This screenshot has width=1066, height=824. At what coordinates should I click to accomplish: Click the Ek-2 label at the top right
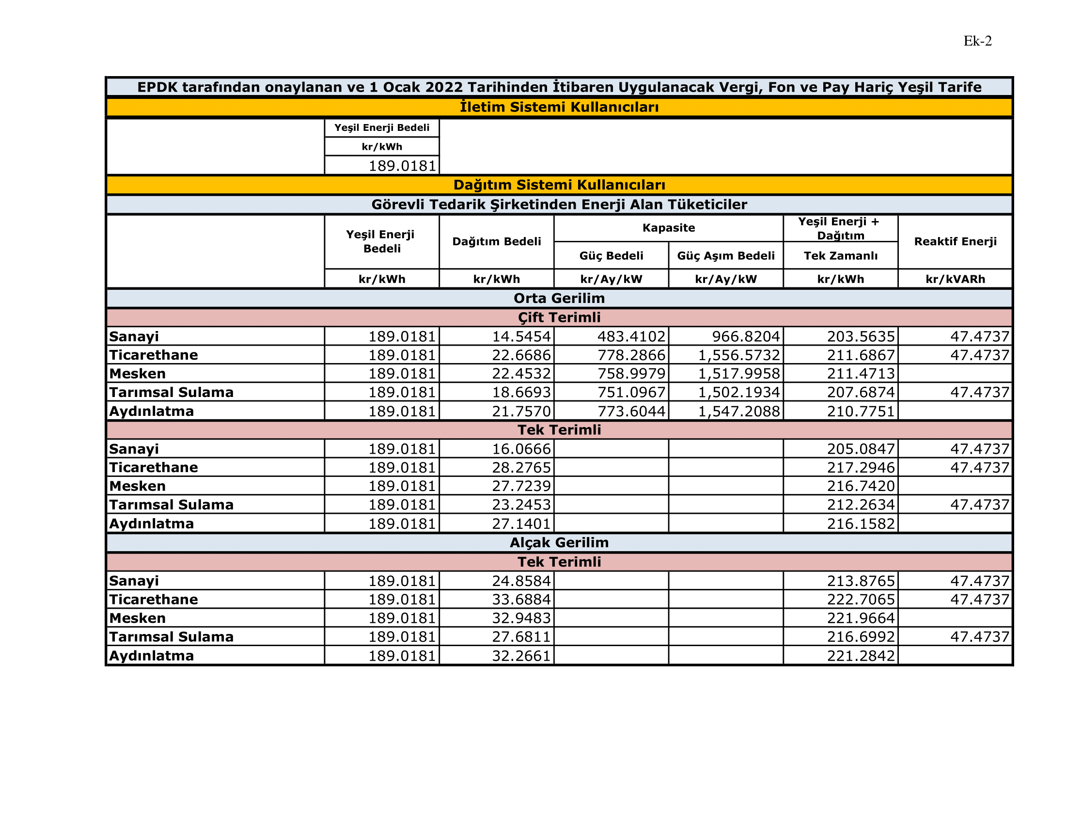[x=977, y=41]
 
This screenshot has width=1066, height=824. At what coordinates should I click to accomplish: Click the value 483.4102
[x=631, y=336]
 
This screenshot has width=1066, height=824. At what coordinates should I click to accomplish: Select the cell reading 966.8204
[x=746, y=336]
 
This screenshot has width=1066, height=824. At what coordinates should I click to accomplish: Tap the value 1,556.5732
[x=739, y=355]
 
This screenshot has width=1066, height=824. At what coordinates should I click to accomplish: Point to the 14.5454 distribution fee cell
[x=521, y=336]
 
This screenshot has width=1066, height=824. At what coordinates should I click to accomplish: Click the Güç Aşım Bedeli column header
[x=726, y=256]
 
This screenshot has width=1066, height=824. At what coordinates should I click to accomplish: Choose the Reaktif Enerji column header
[x=955, y=241]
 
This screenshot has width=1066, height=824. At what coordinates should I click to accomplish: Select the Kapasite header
[x=669, y=228]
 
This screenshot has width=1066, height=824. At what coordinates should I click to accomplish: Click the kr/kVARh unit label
[x=955, y=279]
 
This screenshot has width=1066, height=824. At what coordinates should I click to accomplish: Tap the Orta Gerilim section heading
[x=559, y=298]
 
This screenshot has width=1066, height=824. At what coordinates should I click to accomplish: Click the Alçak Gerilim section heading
[x=559, y=542]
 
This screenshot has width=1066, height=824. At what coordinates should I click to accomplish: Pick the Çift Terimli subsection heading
[x=559, y=317]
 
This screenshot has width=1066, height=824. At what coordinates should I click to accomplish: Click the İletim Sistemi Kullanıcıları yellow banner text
[x=559, y=107]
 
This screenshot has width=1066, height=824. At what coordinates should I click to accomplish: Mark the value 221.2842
[x=861, y=656]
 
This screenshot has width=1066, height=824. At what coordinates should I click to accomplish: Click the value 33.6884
[x=521, y=600]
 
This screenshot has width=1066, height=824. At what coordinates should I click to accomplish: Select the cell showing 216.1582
[x=861, y=524]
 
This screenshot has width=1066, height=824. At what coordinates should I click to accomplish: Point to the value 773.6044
[x=631, y=411]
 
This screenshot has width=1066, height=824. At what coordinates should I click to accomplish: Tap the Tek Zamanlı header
[x=841, y=256]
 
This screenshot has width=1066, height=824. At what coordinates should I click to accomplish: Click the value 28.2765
[x=521, y=467]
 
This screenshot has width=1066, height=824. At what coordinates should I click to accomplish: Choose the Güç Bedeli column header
[x=611, y=256]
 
